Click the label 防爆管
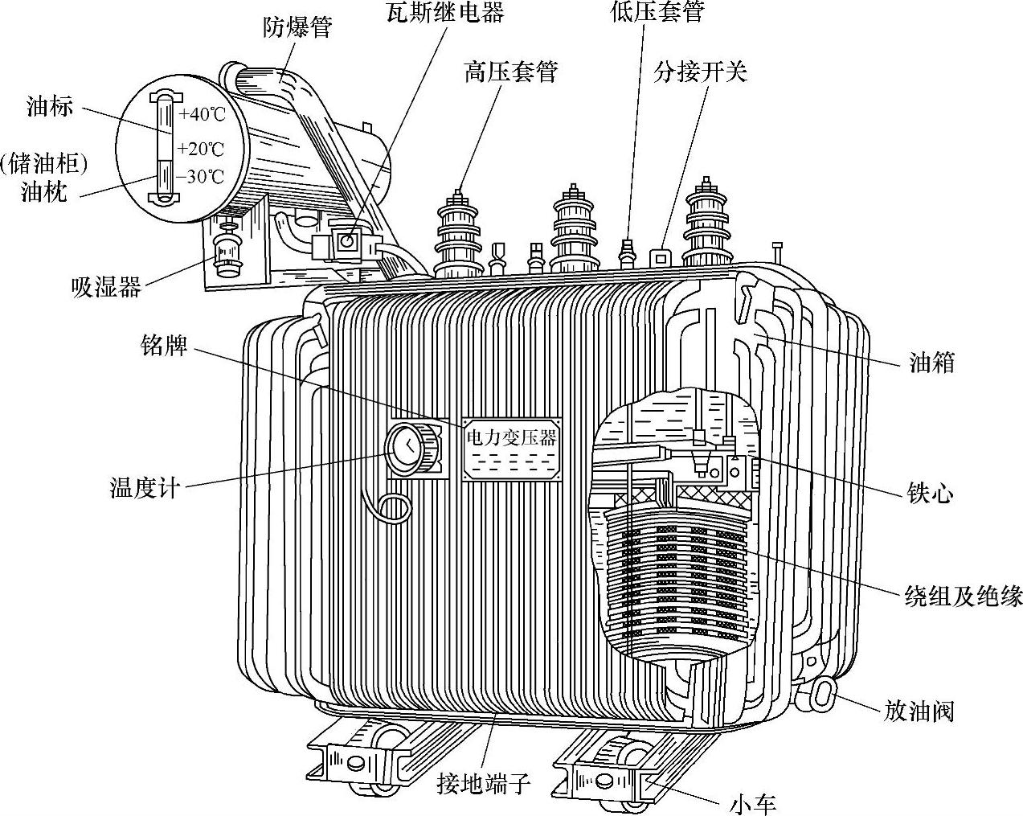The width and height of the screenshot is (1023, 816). [x=297, y=27]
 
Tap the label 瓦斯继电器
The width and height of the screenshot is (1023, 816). [x=444, y=12]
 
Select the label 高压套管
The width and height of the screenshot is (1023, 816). [x=510, y=72]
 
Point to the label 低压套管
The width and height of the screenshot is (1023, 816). [x=657, y=12]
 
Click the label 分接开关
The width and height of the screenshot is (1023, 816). [x=700, y=72]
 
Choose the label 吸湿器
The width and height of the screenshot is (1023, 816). [x=106, y=286]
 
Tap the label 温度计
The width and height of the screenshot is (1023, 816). [x=143, y=487]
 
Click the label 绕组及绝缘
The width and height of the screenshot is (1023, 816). [x=964, y=596]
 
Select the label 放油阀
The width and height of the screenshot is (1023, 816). [x=919, y=710]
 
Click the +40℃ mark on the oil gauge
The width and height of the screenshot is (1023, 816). [x=202, y=113]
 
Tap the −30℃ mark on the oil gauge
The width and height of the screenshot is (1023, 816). [x=201, y=177]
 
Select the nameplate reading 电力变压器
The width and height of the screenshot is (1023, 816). [x=511, y=438]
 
